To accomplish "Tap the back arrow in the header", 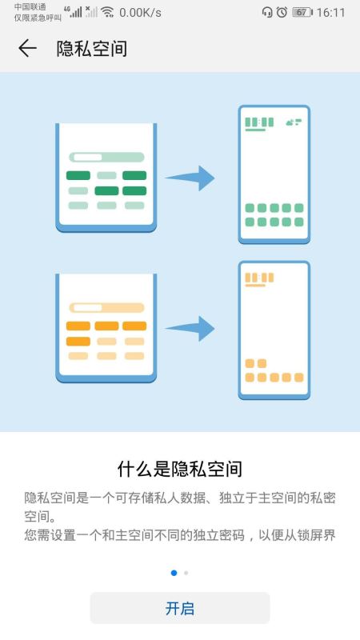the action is [x=27, y=48].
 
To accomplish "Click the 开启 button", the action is [x=179, y=608].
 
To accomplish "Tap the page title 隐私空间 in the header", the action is [x=92, y=49].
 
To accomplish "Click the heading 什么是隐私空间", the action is [x=179, y=470].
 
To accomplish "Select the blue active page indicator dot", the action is [x=174, y=573].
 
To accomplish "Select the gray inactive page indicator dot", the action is [x=186, y=573].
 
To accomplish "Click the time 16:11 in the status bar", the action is [x=330, y=13].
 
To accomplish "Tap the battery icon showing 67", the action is [x=302, y=12].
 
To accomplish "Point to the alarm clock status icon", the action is [x=282, y=12].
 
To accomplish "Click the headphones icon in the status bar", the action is [x=267, y=12].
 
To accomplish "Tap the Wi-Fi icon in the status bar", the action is [x=107, y=12].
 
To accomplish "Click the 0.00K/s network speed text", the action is [x=141, y=13].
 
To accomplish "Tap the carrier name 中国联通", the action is [x=30, y=7].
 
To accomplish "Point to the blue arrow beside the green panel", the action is [x=190, y=178].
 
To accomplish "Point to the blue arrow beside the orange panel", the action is [x=190, y=328].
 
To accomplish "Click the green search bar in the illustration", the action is [x=106, y=157].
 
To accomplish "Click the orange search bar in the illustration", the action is [x=106, y=308].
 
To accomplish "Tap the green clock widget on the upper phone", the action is [x=259, y=124].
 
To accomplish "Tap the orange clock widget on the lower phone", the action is [x=259, y=279].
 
